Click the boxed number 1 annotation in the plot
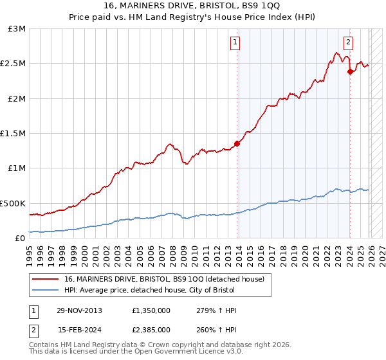pyautogui.click(x=235, y=43)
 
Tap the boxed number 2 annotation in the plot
pyautogui.click(x=348, y=43)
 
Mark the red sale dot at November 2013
pyautogui.click(x=237, y=144)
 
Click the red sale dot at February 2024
pyautogui.click(x=350, y=72)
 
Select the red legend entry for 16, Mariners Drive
pyautogui.click(x=164, y=280)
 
